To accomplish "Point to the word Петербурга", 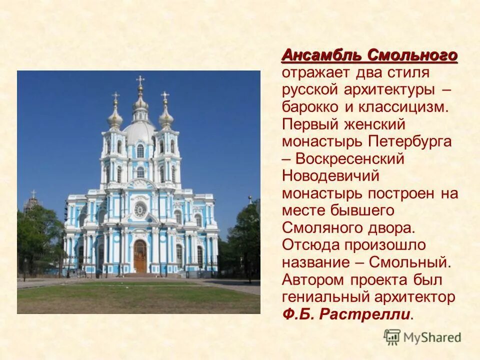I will click(410, 141).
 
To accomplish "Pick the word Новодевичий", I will click(330, 176).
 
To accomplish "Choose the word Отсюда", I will click(310, 245).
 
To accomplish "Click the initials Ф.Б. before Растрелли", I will click(298, 314).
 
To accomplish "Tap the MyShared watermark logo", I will click(422, 337).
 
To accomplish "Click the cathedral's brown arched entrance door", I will click(140, 256).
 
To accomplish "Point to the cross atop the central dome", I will click(140, 80).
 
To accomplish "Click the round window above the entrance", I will click(140, 208).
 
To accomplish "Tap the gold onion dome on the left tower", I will click(115, 118).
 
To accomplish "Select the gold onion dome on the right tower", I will click(166, 118).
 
